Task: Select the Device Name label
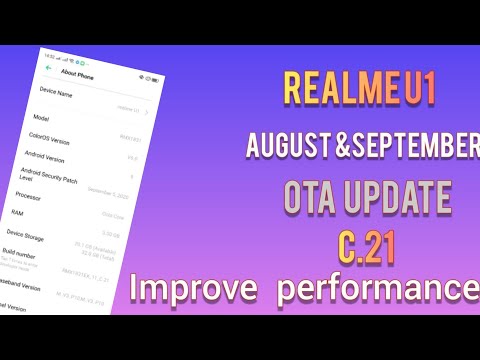55,92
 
